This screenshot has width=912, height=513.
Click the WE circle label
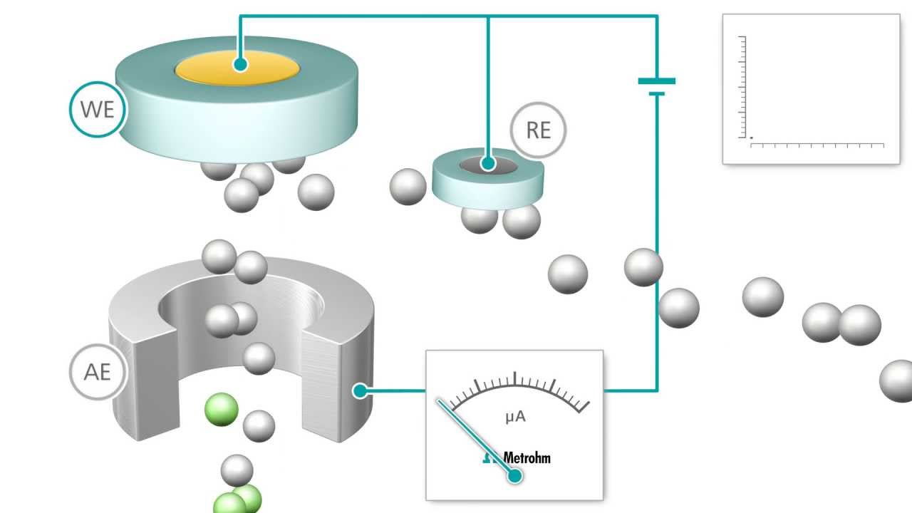(97, 110)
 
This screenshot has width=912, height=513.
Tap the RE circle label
(539, 130)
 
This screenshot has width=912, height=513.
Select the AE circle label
(98, 372)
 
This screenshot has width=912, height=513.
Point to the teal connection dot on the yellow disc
(240, 64)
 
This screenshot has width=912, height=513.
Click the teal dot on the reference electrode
(487, 164)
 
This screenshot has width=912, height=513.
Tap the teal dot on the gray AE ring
(360, 390)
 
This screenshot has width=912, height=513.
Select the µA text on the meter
(515, 416)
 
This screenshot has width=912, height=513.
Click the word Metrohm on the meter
(527, 457)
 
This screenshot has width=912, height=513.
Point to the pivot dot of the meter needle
(514, 476)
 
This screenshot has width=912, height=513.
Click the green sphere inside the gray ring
(221, 410)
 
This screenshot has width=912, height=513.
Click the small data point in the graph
(751, 138)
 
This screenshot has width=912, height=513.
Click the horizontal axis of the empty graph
(817, 145)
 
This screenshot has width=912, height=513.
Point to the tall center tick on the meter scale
(514, 378)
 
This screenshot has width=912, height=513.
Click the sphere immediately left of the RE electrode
(408, 187)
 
